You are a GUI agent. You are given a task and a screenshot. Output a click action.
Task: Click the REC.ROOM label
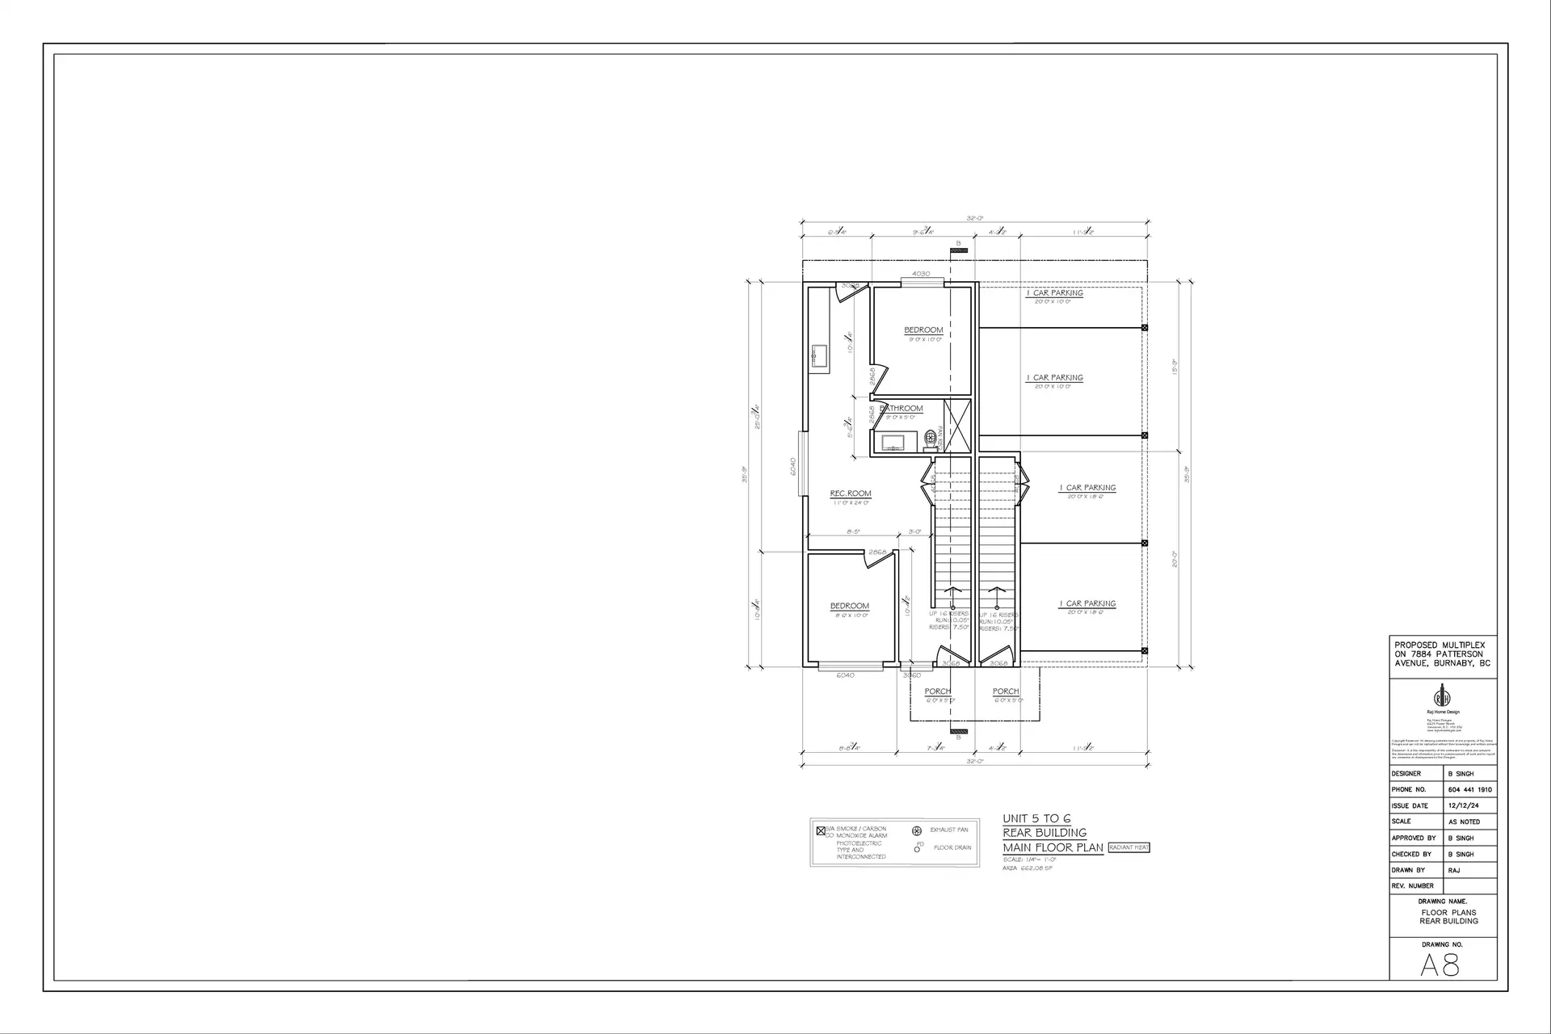851,494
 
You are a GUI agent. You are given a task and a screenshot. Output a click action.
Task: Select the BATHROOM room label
902,409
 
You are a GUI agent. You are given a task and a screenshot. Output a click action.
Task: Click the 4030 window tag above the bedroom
921,274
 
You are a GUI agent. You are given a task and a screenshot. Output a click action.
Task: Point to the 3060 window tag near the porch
912,675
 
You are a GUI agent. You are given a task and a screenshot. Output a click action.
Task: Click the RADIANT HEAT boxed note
1129,847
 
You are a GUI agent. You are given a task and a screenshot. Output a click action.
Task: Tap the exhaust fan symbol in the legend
916,830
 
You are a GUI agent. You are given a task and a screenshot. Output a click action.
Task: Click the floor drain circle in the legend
917,850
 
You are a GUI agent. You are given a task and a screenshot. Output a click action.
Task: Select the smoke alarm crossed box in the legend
821,830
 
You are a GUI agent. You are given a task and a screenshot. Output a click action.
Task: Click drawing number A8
1440,965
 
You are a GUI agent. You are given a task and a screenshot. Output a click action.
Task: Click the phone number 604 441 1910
1469,790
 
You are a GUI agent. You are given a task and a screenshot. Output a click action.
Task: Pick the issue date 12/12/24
1463,806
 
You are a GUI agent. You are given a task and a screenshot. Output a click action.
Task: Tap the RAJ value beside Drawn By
1454,871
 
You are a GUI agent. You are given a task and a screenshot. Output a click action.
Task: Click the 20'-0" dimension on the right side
1174,559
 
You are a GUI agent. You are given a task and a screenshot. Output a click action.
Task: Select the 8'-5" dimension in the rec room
853,532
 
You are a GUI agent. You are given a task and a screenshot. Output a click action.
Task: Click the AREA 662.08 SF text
1028,868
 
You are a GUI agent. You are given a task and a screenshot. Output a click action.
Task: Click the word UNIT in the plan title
1015,818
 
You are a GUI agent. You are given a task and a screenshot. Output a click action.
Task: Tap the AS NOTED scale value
1465,822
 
